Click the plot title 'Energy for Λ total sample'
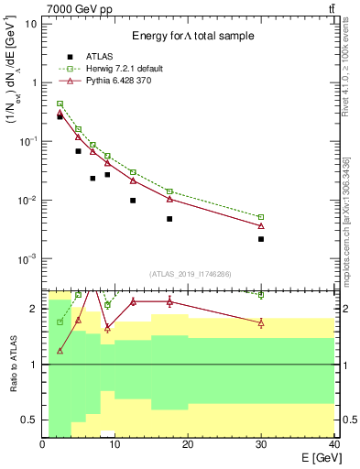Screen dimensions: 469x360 [191, 35]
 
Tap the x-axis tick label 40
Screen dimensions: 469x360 [333, 444]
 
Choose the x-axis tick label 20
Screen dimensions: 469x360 [188, 444]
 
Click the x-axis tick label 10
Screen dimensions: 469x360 [115, 444]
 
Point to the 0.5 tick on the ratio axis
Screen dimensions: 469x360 [32, 420]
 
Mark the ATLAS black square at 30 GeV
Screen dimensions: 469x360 [261, 239]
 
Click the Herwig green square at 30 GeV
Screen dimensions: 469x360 [261, 217]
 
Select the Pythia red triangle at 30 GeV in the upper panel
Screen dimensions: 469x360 [261, 225]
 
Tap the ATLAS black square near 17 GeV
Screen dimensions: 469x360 [169, 219]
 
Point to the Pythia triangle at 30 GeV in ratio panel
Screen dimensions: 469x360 [261, 322]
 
